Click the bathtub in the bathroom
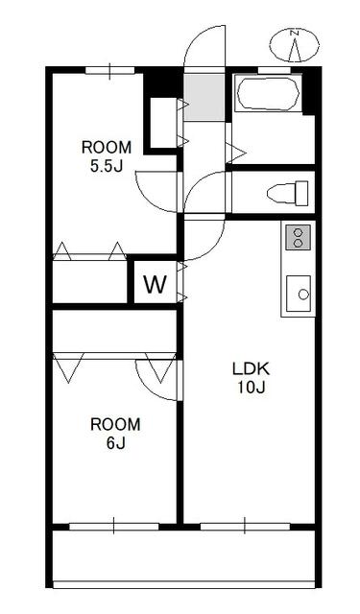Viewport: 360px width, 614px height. point(269,94)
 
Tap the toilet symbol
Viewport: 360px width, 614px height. point(288,193)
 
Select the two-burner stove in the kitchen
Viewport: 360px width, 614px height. point(298,237)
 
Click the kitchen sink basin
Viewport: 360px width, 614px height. point(299,294)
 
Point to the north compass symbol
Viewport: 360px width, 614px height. point(294,45)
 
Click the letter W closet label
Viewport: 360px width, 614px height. point(156,284)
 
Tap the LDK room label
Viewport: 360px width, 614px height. point(252,368)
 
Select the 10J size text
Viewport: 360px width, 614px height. point(252,387)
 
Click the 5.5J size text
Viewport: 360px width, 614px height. point(107,166)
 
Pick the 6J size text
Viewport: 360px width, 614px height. point(115,443)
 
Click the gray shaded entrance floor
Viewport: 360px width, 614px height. point(204,97)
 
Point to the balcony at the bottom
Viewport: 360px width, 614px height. point(183,556)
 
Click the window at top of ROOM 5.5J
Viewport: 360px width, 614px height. point(109,71)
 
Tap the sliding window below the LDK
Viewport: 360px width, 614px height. point(245,526)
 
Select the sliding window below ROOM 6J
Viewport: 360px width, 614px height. point(114,526)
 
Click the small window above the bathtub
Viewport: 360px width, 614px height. point(275,70)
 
